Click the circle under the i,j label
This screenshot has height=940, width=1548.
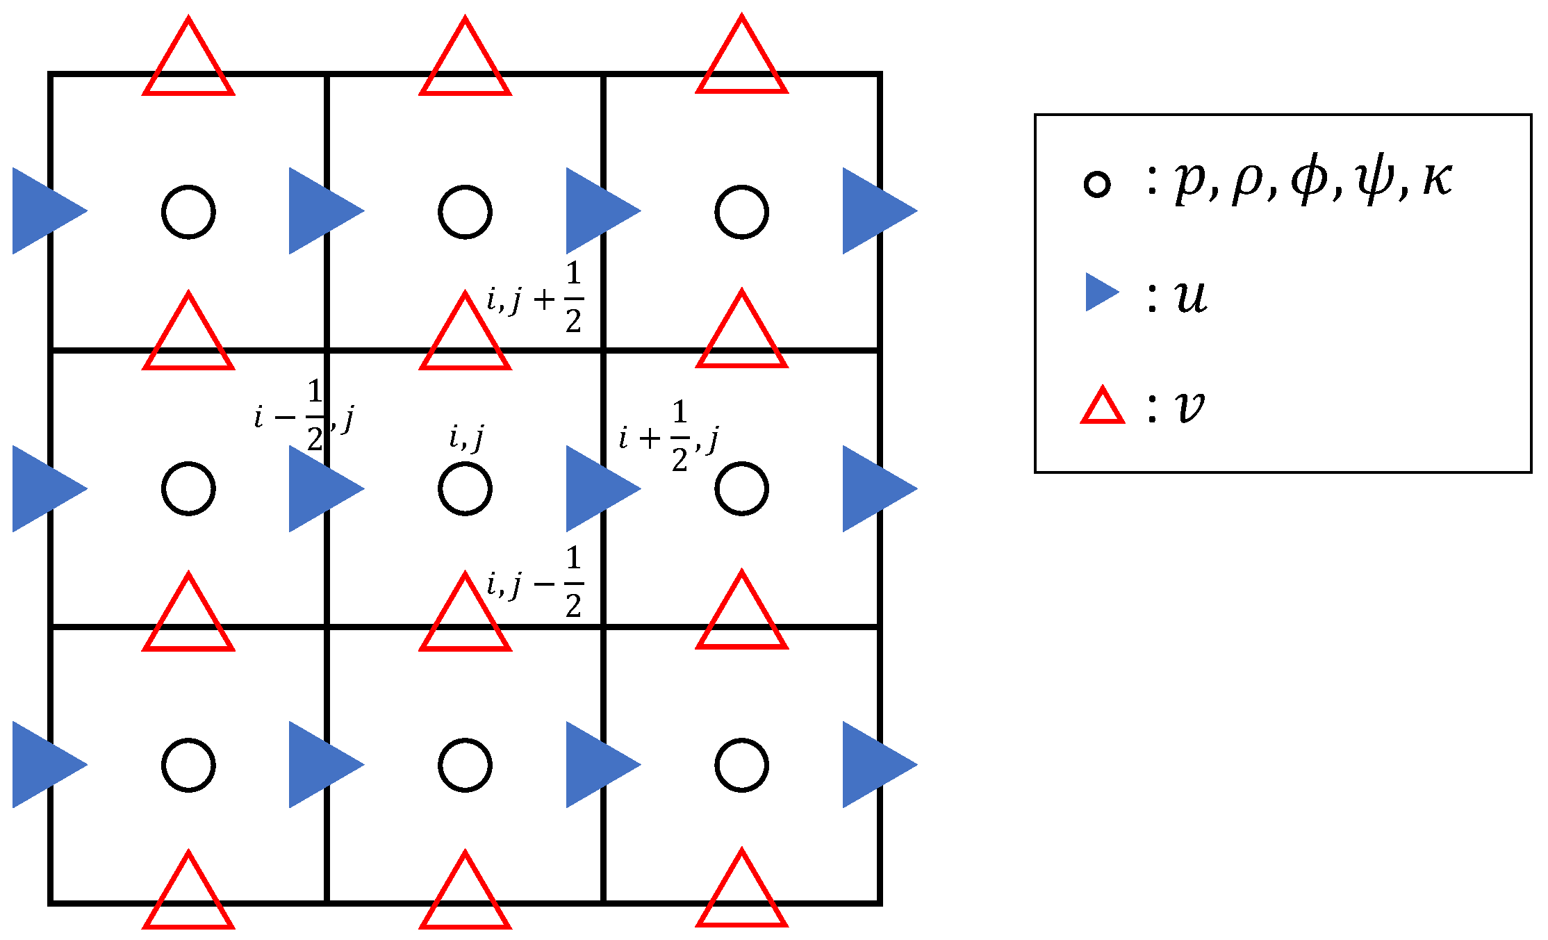click(465, 488)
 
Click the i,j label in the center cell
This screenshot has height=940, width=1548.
click(466, 438)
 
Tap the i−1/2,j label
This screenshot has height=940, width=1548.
click(304, 417)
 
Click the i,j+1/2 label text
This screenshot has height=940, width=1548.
click(535, 298)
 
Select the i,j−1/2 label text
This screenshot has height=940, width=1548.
click(535, 583)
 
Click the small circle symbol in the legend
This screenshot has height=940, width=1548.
click(1097, 184)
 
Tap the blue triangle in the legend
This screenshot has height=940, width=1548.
click(1100, 292)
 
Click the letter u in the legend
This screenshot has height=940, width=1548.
click(1191, 297)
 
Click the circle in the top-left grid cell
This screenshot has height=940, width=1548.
click(188, 212)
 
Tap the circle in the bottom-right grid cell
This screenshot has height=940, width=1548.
click(741, 765)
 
